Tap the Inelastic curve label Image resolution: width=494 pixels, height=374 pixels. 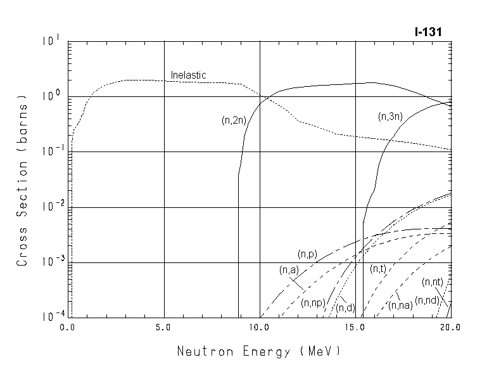click(188, 75)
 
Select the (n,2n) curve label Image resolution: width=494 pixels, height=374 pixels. click(234, 120)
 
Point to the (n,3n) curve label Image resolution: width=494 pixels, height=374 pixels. click(391, 116)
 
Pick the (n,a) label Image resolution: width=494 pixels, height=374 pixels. click(289, 270)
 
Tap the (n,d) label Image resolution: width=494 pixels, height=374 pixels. click(345, 308)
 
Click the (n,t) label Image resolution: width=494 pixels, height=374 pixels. click(378, 269)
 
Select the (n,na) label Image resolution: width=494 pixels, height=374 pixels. click(400, 306)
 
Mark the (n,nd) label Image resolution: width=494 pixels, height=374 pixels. click(426, 300)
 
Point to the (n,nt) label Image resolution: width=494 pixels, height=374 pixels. click(433, 281)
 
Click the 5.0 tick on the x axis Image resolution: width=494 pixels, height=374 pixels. click(164, 328)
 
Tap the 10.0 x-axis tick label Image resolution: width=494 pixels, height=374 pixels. click(260, 328)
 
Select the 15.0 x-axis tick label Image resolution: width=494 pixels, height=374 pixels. click(355, 328)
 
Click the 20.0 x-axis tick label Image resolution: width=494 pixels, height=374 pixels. click(450, 328)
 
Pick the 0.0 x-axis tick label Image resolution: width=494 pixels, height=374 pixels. click(68, 328)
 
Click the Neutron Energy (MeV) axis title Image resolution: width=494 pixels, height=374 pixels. click(258, 351)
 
